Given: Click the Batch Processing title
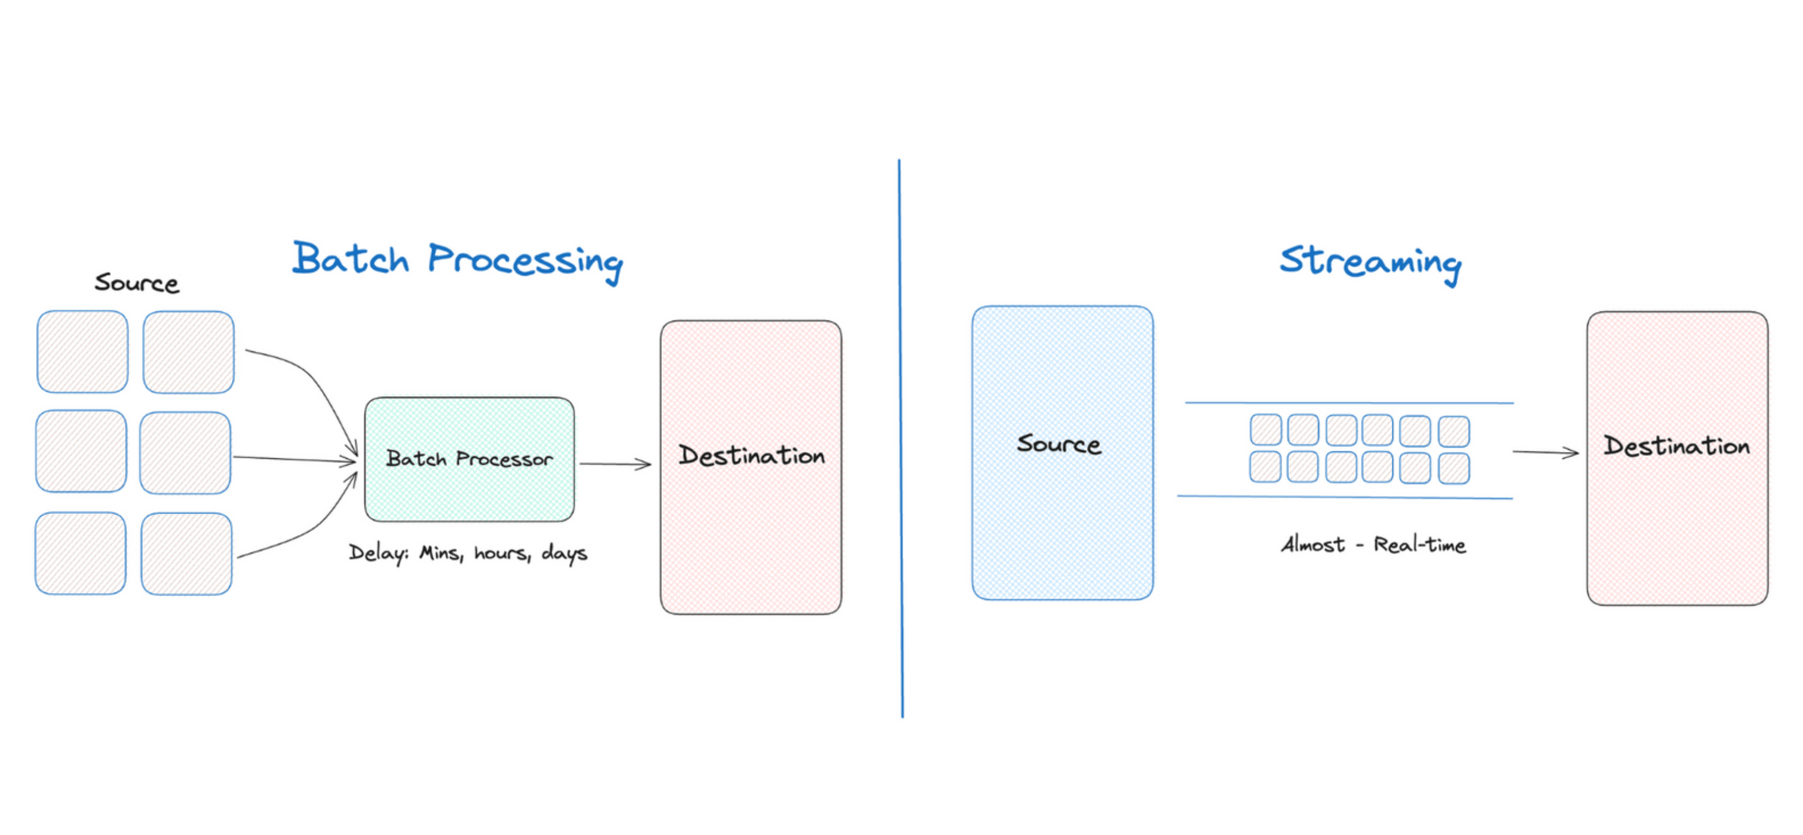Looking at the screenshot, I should tap(457, 260).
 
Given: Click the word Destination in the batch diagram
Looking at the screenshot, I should tap(751, 455).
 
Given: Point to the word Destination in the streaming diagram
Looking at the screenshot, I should tap(1676, 446).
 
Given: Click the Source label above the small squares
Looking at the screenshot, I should tap(137, 283).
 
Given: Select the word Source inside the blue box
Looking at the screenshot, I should tap(1058, 444).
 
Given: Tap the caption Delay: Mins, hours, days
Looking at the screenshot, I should tap(467, 553).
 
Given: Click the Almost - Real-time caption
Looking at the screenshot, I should tap(1372, 544).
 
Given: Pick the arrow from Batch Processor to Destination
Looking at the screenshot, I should tap(614, 463).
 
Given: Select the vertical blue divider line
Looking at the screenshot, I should tap(901, 438).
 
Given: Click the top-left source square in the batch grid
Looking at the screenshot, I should tap(83, 351).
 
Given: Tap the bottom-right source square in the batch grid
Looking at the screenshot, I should tap(186, 554).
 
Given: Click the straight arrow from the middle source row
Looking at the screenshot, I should tap(294, 459).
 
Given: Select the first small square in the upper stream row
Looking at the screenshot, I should tap(1266, 430).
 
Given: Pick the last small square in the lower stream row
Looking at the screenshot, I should tap(1453, 468).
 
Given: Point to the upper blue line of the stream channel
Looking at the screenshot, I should tap(1349, 403).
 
